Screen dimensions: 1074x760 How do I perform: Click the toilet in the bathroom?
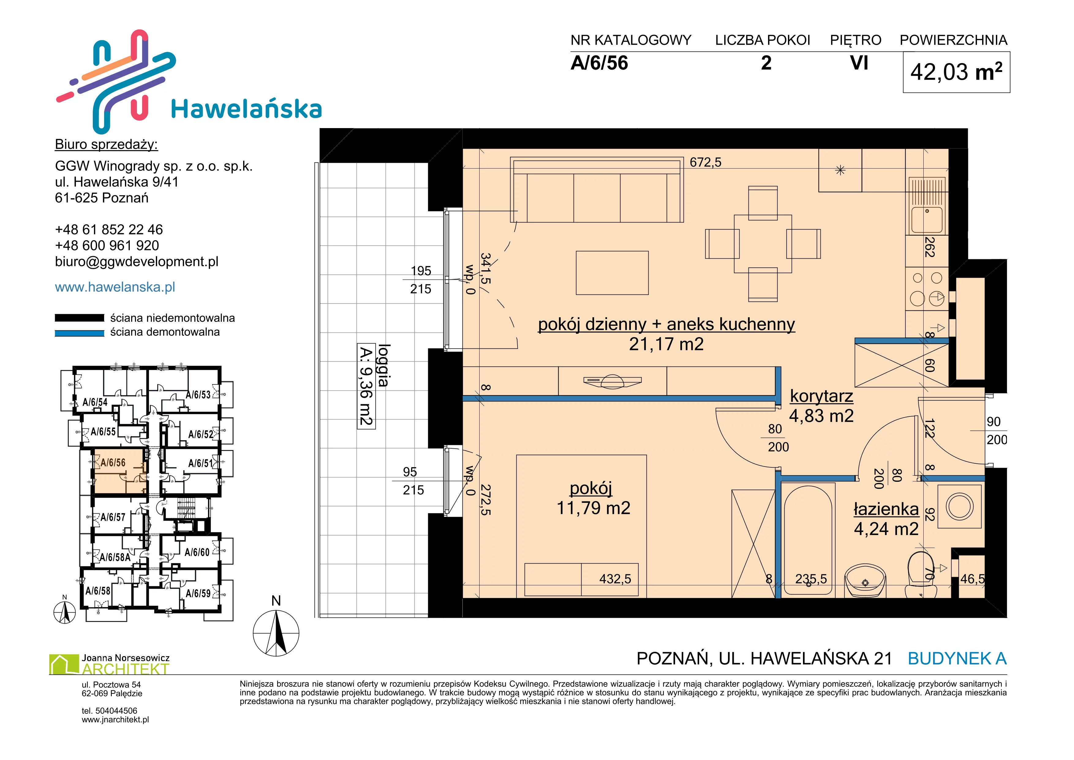(921, 576)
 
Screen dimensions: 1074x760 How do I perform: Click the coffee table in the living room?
(612, 273)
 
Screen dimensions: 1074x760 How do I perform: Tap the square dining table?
(763, 244)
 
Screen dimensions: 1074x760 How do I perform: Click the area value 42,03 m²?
(956, 72)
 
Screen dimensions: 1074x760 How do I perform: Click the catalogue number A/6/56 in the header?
(599, 63)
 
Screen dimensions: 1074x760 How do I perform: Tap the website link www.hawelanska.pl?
(115, 287)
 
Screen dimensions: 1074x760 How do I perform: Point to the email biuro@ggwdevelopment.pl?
(137, 262)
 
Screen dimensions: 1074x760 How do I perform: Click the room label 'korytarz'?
(821, 396)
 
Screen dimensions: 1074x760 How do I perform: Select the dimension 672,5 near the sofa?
(705, 162)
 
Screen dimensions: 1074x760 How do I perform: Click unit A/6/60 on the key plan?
(197, 552)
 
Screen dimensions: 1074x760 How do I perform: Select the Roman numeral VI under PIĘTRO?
(859, 63)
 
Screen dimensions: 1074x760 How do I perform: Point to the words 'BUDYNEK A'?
(957, 659)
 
